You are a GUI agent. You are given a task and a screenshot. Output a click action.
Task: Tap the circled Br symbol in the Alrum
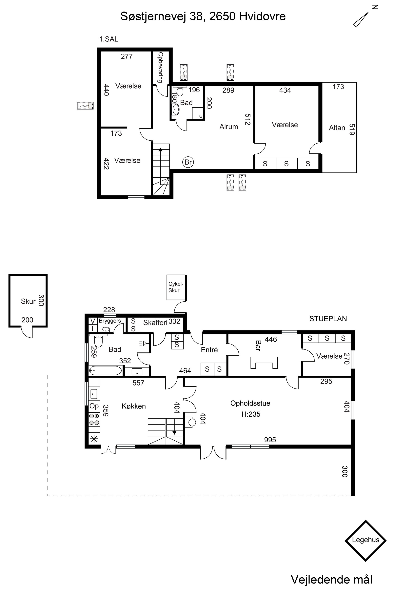188,162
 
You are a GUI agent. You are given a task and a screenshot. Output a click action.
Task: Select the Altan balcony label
337,128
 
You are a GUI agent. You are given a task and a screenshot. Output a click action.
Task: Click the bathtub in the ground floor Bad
106,370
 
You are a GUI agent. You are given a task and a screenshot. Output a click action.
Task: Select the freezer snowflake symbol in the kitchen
94,439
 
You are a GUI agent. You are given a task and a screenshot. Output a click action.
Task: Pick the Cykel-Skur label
176,287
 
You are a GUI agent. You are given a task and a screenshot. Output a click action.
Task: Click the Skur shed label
28,301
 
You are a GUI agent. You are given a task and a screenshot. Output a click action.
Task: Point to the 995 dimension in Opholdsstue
270,440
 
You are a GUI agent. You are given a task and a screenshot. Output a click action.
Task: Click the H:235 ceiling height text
251,414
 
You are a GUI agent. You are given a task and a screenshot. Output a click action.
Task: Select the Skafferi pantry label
155,323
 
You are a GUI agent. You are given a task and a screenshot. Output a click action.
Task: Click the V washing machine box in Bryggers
93,321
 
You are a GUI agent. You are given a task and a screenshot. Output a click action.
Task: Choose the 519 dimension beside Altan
352,129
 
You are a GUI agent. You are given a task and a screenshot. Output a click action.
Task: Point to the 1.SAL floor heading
109,39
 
